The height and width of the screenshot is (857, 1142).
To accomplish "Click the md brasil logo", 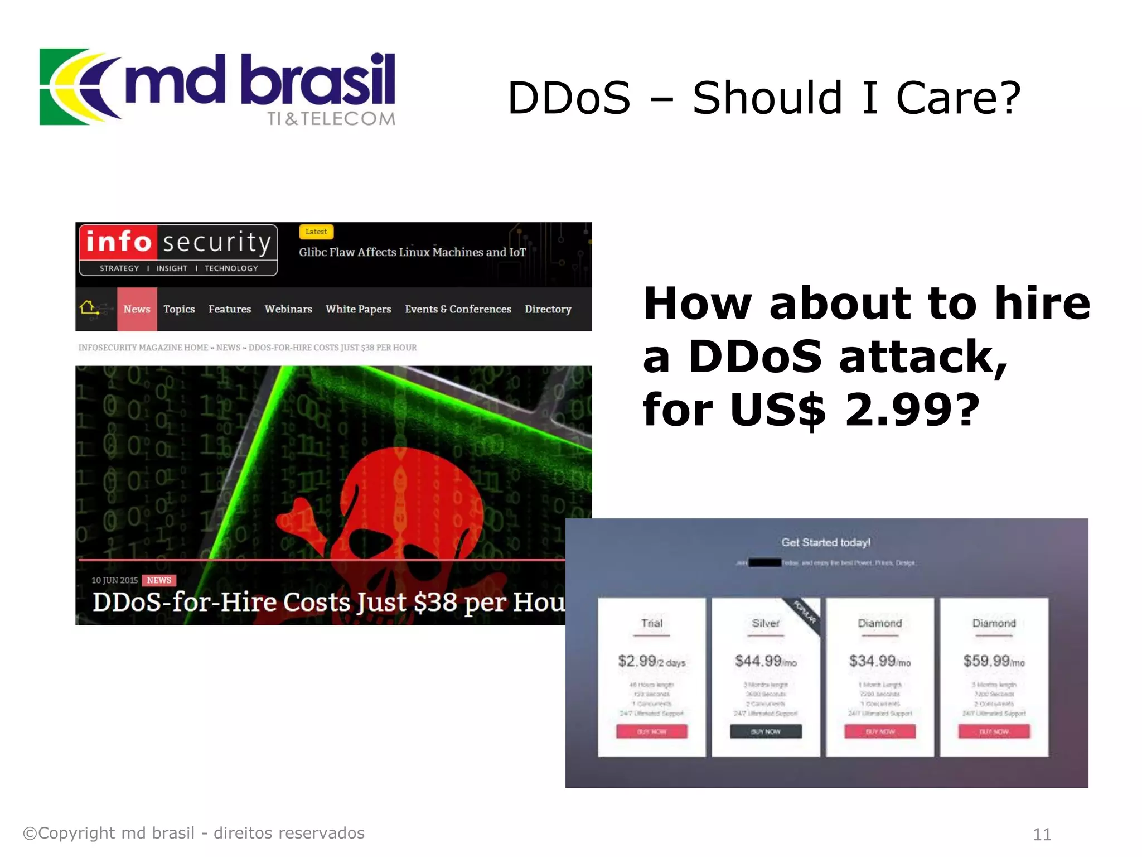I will (x=217, y=87).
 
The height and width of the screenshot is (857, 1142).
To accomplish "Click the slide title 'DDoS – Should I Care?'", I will (x=764, y=98).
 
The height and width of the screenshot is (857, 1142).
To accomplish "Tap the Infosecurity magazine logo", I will (x=178, y=250).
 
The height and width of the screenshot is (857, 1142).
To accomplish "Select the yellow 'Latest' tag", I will (x=316, y=232).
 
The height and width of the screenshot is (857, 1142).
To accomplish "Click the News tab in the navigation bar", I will (x=137, y=309).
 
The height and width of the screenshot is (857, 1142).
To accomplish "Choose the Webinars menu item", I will (x=288, y=309).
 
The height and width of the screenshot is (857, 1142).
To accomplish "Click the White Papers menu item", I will (x=358, y=309).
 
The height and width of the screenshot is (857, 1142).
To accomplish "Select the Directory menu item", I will (x=548, y=309).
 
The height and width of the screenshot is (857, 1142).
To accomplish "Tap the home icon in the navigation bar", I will (x=88, y=307).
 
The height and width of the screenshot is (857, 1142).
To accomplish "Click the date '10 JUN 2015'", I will (x=114, y=580).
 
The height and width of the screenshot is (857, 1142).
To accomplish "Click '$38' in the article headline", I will (x=435, y=603).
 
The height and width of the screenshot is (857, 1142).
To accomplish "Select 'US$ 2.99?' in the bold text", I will (x=853, y=409).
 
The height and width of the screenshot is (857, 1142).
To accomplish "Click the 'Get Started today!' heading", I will (x=826, y=542).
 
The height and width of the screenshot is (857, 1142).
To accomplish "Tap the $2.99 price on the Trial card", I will (x=637, y=661).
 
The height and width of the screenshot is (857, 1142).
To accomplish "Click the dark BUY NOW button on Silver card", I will (x=766, y=731).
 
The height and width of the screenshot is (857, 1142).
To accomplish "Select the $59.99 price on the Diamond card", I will (x=986, y=661).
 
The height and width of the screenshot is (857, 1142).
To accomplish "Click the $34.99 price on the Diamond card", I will (x=872, y=661).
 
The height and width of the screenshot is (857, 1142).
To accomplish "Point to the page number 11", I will (x=1042, y=834).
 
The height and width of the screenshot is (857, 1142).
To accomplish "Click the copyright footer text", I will (x=193, y=833).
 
